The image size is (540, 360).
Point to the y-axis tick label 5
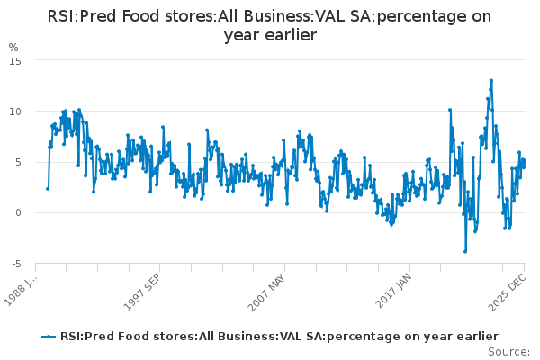pyautogui.click(x=16, y=162)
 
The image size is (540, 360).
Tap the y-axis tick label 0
pyautogui.click(x=16, y=213)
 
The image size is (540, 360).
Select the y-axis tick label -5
pyautogui.click(x=14, y=264)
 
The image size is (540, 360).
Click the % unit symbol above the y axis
pyautogui.click(x=13, y=47)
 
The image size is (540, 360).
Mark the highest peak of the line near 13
pyautogui.click(x=491, y=80)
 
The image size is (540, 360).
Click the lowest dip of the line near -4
pyautogui.click(x=465, y=251)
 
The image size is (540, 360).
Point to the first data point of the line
pyautogui.click(x=48, y=188)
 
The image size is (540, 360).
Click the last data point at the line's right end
pyautogui.click(x=524, y=160)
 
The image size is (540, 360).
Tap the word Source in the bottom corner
pyautogui.click(x=509, y=351)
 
